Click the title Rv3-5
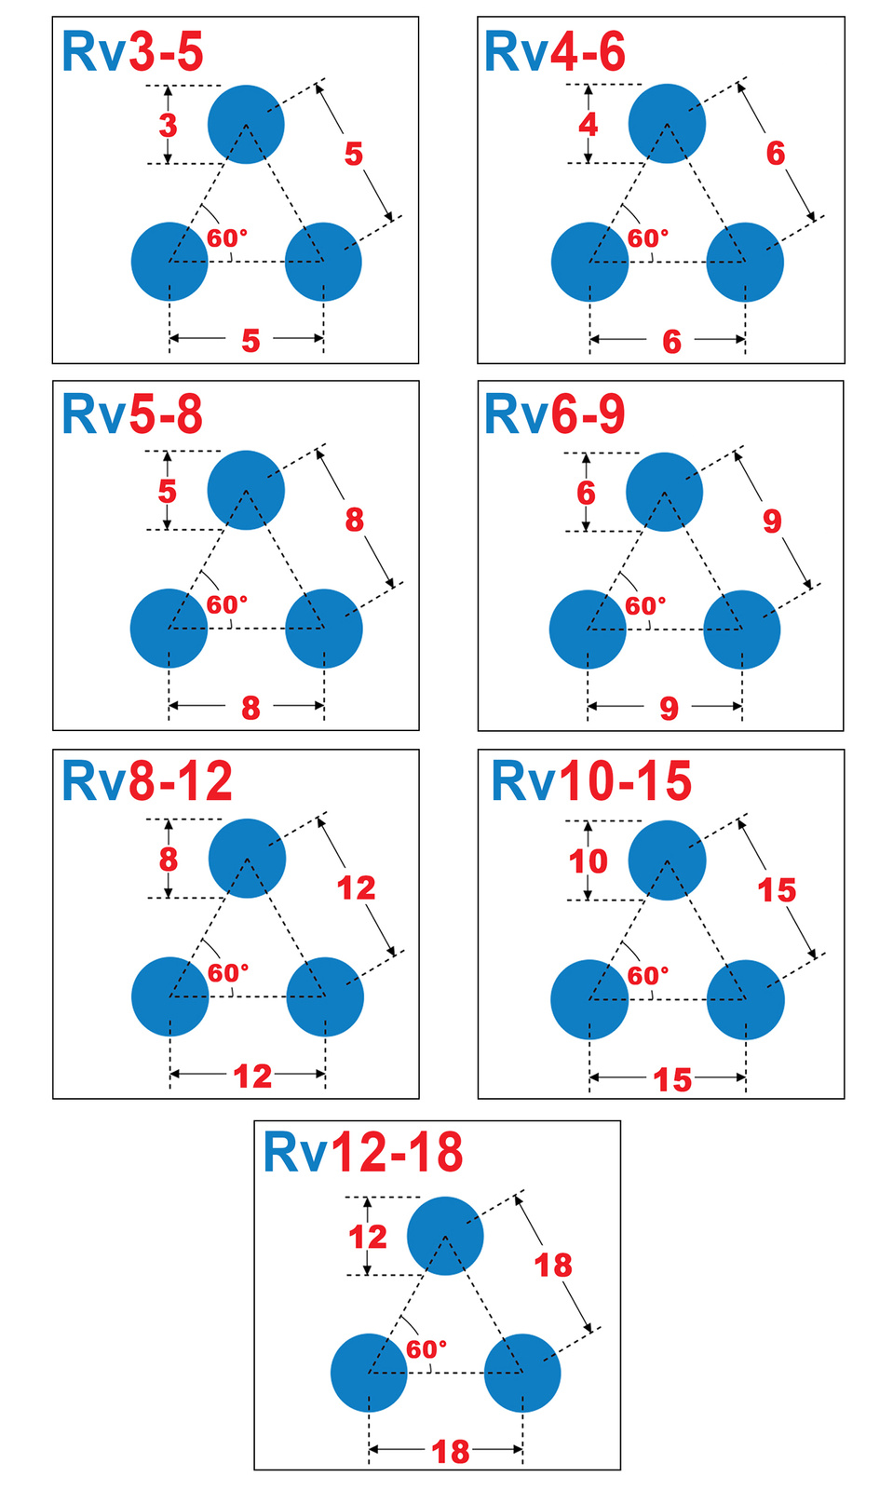[x=132, y=52]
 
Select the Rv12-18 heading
[x=363, y=1153]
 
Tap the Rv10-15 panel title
[x=591, y=781]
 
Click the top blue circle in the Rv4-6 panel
[x=667, y=123]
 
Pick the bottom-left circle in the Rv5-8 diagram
[x=169, y=628]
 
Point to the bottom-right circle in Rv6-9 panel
[x=742, y=630]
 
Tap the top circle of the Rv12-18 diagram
[x=445, y=1236]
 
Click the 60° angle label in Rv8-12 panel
[x=228, y=973]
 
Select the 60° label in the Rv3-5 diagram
[x=228, y=238]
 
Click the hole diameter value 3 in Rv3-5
[x=168, y=125]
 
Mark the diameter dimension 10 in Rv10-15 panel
[x=589, y=861]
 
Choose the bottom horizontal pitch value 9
[x=670, y=710]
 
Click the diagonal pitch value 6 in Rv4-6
[x=776, y=154]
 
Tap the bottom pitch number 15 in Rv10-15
[x=672, y=1080]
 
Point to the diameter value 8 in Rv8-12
[x=168, y=860]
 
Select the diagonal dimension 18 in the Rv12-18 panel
[x=553, y=1266]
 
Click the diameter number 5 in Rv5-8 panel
[x=167, y=491]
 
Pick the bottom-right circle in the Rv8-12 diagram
[x=325, y=996]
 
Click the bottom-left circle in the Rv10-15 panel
[x=589, y=999]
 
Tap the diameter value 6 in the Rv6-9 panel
[x=586, y=493]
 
